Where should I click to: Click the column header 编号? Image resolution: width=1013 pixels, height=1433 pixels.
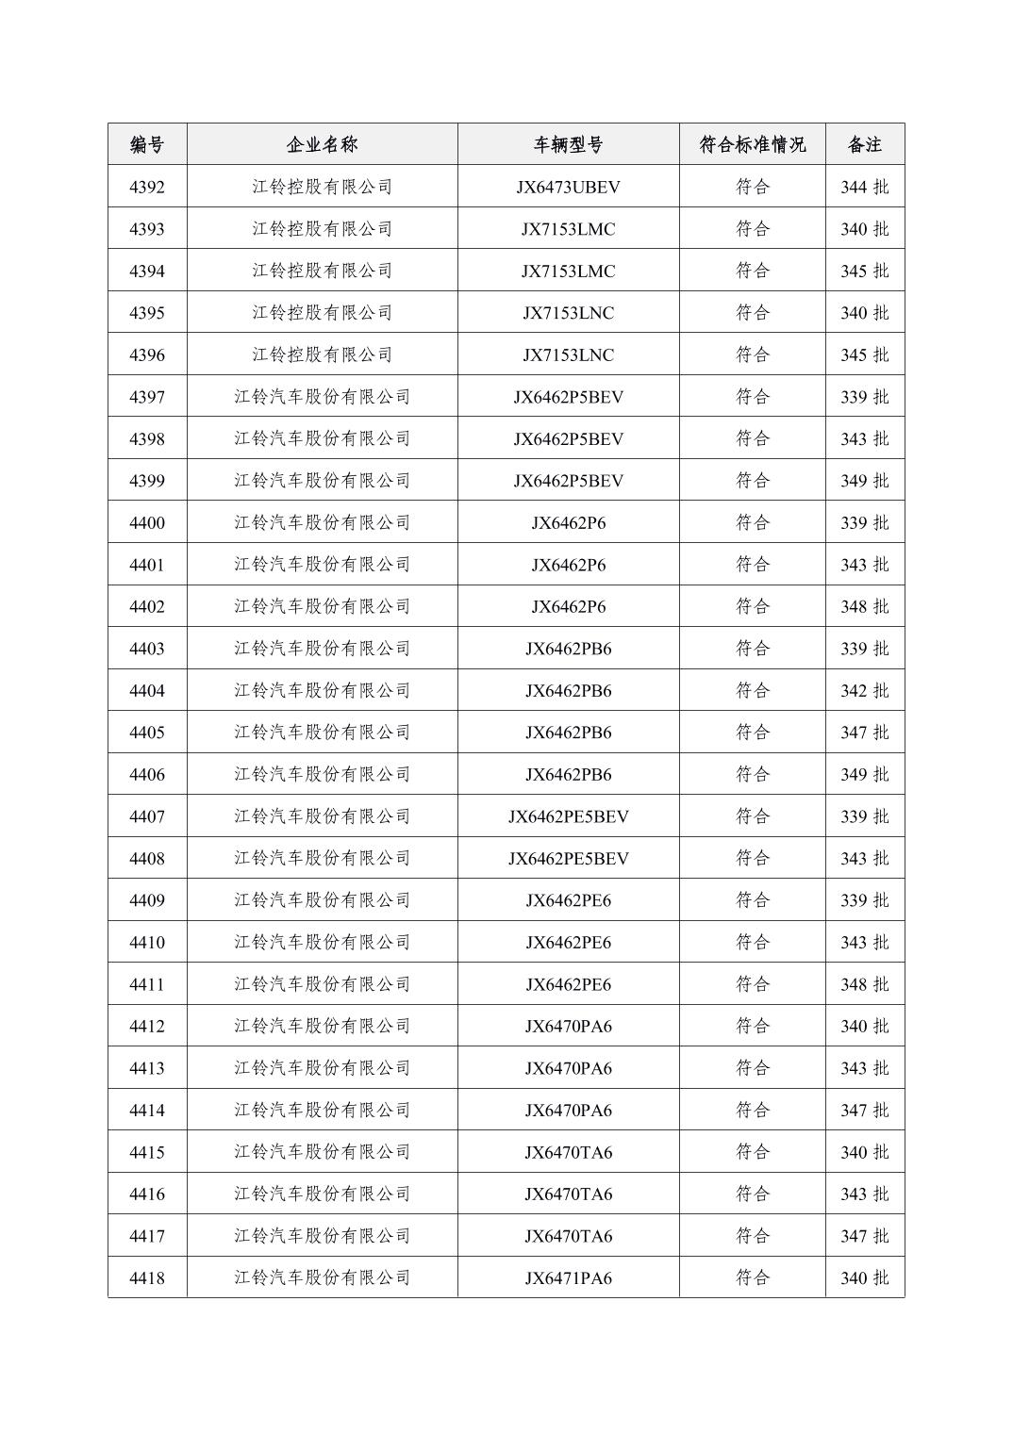pos(146,144)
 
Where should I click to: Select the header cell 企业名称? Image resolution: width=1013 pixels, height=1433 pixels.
pos(322,144)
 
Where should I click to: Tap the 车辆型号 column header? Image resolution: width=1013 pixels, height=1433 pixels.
pos(568,144)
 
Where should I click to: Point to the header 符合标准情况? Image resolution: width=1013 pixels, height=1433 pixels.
pos(752,144)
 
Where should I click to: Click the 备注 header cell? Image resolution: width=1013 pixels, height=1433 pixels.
pos(864,144)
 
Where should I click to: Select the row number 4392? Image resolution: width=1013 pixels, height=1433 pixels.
pos(146,187)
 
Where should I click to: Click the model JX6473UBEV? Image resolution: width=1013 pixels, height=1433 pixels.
pos(568,187)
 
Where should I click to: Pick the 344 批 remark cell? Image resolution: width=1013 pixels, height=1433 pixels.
pos(864,187)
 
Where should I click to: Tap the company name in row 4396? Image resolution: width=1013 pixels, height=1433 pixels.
pos(322,354)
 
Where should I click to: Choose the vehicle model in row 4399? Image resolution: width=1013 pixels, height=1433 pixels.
pos(568,481)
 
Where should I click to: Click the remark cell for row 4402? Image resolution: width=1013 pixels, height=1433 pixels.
pos(864,606)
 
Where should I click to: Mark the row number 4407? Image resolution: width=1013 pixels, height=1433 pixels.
pos(146,816)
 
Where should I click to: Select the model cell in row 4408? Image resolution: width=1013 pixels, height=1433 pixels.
pos(568,858)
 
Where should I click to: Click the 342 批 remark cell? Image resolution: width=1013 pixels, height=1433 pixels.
pos(864,690)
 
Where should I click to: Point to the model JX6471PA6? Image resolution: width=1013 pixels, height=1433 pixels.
pos(568,1277)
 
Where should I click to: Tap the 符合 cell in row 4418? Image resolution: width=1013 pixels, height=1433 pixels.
pos(752,1277)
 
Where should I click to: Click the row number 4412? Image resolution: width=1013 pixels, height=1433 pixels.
pos(146,1026)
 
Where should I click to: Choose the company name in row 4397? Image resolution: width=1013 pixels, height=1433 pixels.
pos(322,397)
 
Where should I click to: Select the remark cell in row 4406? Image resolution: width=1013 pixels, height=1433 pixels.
pos(864,774)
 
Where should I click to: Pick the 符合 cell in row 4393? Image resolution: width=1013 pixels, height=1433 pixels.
pos(752,229)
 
